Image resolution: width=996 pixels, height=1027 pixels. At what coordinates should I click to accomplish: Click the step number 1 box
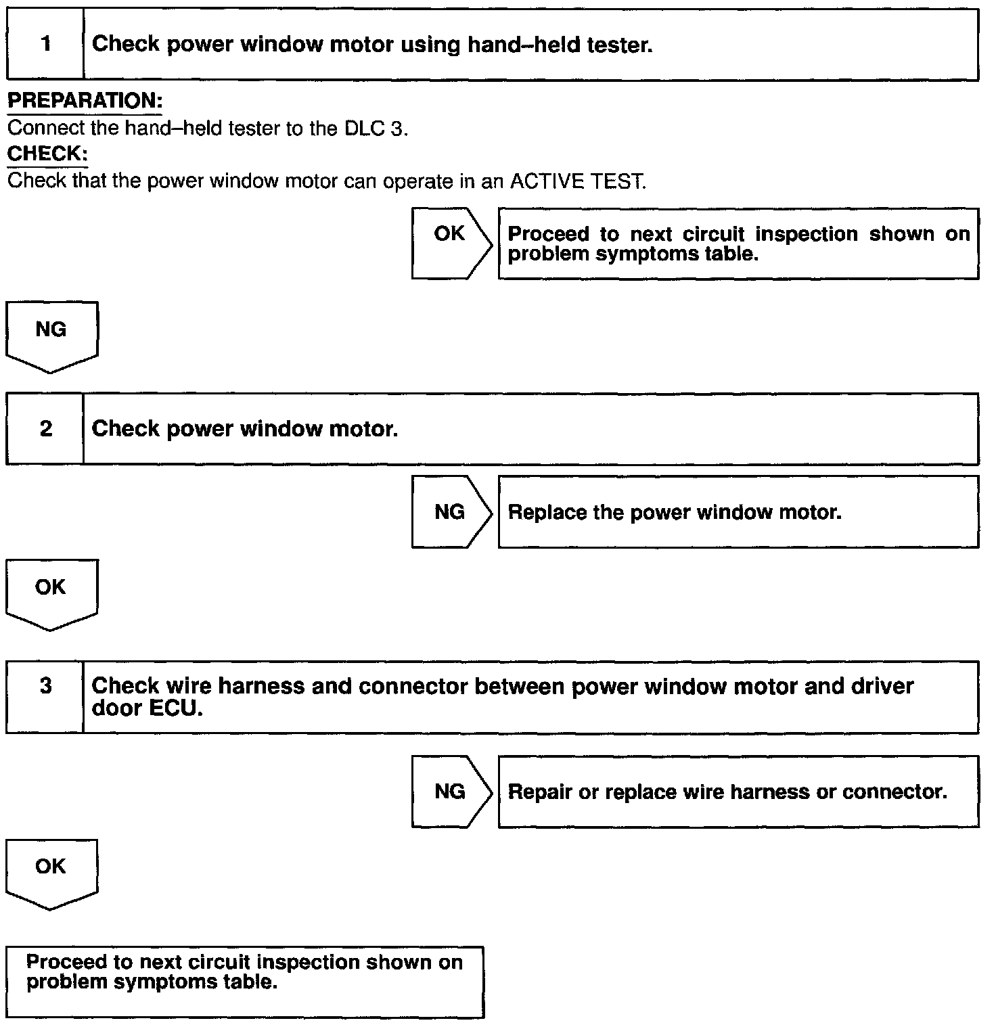(x=45, y=45)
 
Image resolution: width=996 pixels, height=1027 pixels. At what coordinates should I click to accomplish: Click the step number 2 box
(x=45, y=429)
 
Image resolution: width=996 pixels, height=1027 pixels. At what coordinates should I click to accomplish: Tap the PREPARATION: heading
(x=85, y=101)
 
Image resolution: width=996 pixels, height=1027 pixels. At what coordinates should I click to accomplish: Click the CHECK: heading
(x=47, y=154)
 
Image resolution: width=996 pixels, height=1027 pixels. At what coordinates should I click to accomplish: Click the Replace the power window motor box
(x=738, y=512)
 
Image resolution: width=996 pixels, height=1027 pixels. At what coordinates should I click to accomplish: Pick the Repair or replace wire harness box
(x=738, y=792)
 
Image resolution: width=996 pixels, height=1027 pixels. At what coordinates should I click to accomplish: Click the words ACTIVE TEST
(x=577, y=182)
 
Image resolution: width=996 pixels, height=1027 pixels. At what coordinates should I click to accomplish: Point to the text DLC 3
(x=376, y=129)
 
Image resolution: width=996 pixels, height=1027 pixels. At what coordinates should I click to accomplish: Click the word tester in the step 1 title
(x=619, y=45)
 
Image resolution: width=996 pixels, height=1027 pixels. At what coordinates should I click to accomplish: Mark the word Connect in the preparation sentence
(x=46, y=129)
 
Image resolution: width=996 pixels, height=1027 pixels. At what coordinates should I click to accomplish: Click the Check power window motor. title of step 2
(x=244, y=429)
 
